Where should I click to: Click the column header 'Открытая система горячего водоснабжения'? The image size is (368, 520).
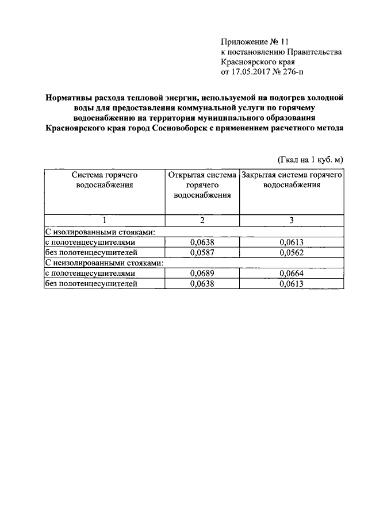(x=201, y=184)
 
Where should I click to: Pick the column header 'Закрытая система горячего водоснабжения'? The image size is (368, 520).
(x=292, y=179)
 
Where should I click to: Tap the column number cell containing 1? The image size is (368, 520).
(x=104, y=221)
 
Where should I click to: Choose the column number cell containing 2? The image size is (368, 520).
(x=202, y=221)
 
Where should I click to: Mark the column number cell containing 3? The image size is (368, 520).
(x=292, y=221)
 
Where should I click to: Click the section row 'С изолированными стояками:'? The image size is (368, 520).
(x=101, y=232)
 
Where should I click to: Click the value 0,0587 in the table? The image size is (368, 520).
(x=201, y=252)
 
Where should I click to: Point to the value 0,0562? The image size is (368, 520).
(x=292, y=252)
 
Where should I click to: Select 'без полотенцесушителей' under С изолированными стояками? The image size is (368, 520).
(x=91, y=252)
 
